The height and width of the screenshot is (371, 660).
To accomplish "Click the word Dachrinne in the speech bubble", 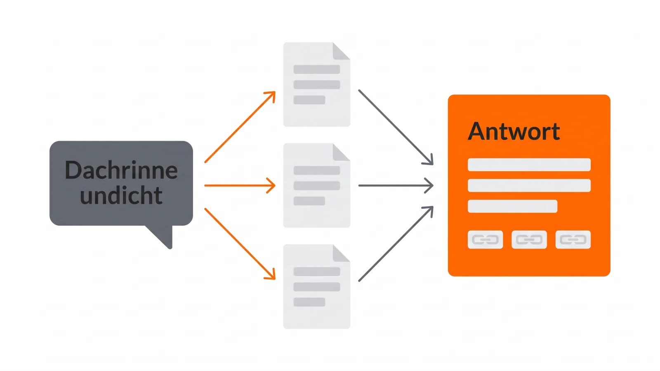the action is (121, 170).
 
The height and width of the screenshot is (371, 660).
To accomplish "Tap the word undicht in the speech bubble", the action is (121, 195).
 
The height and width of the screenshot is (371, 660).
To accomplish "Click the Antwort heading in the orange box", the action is (514, 131).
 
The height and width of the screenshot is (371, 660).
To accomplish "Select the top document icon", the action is (317, 85).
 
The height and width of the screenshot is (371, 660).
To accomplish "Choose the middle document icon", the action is (317, 185).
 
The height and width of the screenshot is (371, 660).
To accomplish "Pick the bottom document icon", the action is (317, 286).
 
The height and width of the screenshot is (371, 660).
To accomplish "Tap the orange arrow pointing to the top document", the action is (240, 127).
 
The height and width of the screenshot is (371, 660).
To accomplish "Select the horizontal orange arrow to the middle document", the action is (240, 185).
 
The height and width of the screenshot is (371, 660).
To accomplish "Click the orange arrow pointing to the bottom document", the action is (240, 244).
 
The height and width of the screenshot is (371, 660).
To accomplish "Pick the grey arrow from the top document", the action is (396, 127).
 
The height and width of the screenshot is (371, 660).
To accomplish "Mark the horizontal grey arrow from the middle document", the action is (396, 185).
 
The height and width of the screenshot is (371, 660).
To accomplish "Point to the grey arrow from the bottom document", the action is (396, 244).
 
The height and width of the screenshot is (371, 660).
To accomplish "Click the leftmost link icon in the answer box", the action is (485, 240).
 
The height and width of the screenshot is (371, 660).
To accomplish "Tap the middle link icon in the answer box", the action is (529, 240).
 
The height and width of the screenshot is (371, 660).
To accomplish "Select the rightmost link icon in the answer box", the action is (573, 240).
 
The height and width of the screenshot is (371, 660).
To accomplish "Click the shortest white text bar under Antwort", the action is (512, 206).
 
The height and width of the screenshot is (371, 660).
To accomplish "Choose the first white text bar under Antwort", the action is (529, 164).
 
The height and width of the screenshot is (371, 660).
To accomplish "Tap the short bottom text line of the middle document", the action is (309, 201).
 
